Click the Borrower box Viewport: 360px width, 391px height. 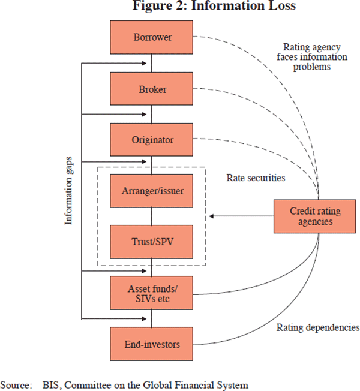[152, 37]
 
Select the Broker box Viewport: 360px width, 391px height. [152, 89]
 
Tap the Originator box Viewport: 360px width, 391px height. [152, 140]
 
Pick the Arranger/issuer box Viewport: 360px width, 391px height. [152, 191]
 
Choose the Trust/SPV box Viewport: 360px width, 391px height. [152, 242]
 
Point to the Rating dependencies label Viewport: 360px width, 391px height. [317, 328]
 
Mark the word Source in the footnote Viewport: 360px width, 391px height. [15, 384]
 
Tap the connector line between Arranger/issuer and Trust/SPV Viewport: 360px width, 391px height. [152, 216]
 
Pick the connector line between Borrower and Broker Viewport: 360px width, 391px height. [152, 63]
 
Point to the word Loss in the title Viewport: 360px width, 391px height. [281, 7]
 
